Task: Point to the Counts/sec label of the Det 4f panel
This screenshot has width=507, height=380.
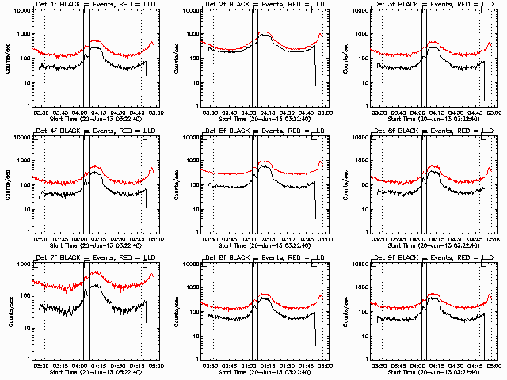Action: tap(6, 184)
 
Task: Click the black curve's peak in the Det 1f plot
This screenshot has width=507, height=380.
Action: tap(97, 48)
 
